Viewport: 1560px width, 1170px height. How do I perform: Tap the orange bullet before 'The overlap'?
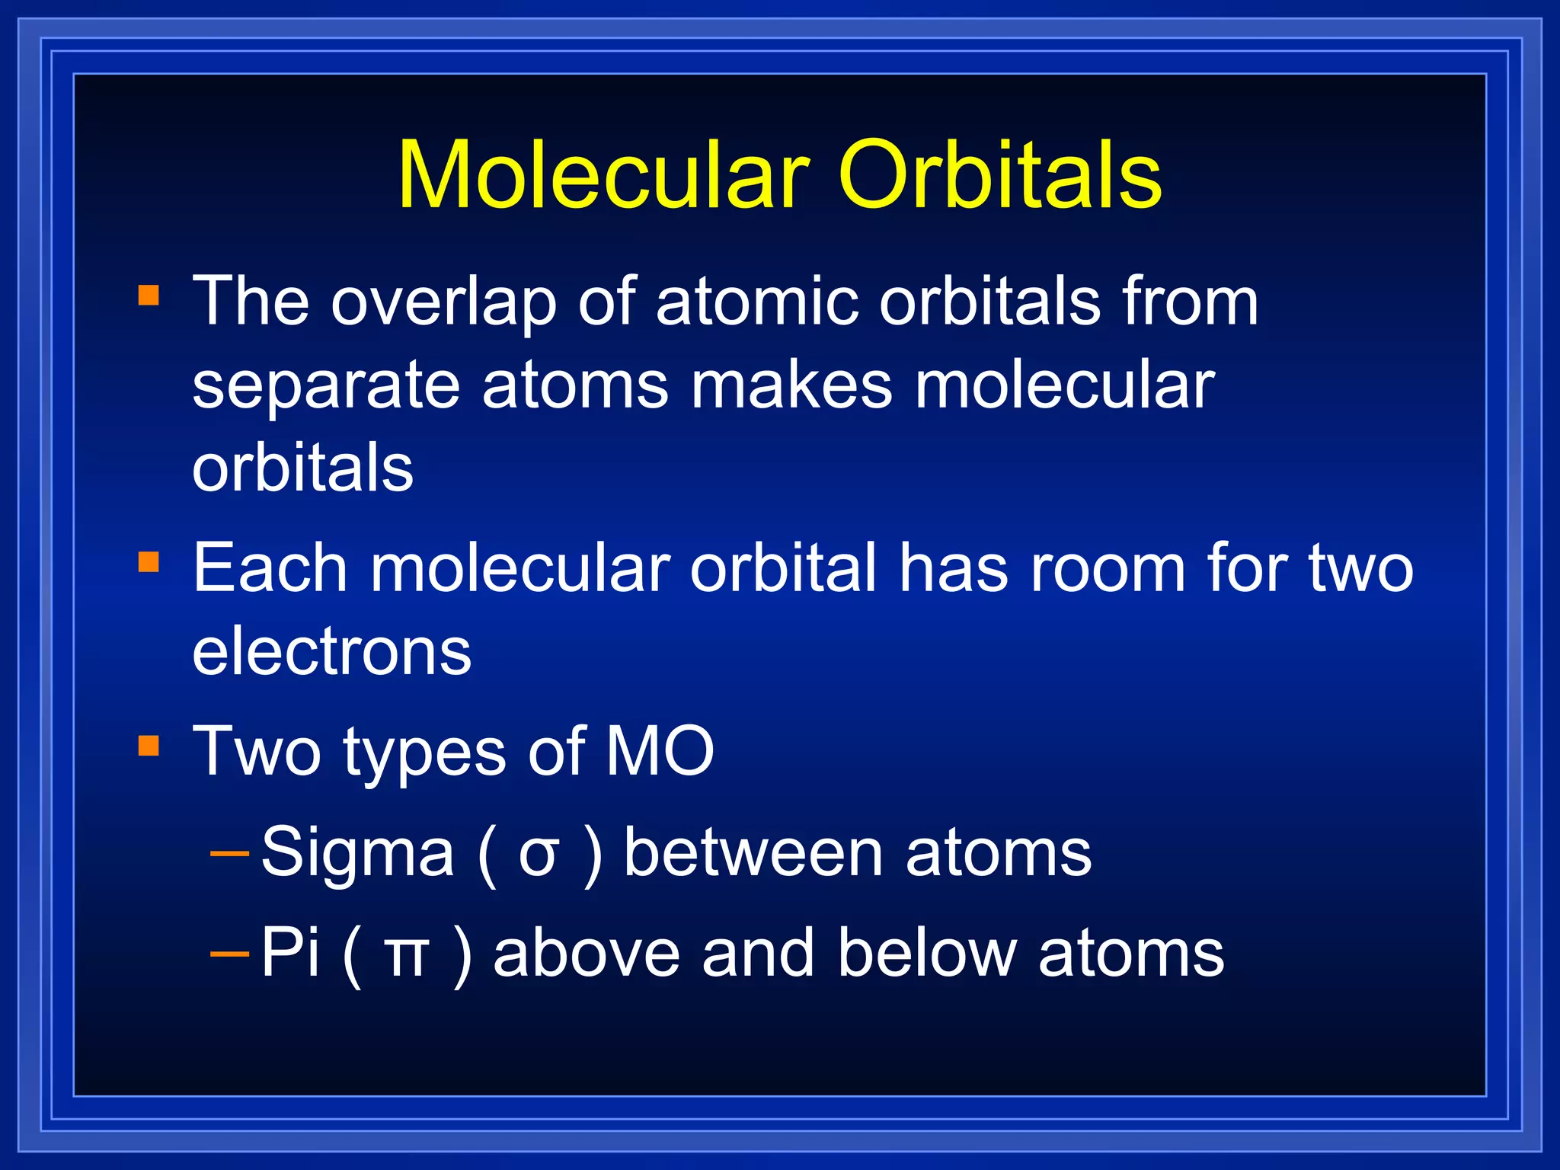pyautogui.click(x=149, y=295)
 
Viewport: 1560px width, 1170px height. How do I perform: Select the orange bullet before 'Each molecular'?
pyautogui.click(x=149, y=562)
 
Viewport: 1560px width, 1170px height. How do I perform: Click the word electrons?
pyautogui.click(x=331, y=652)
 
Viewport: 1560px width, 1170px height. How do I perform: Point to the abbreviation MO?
pyautogui.click(x=660, y=753)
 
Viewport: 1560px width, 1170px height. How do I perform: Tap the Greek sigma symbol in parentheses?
pyautogui.click(x=539, y=855)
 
